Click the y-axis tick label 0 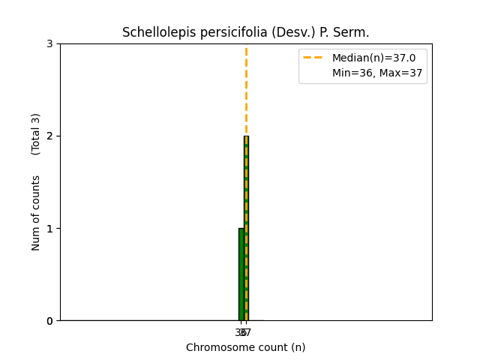(49, 321)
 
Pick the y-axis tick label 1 (49, 229)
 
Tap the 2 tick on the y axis (49, 136)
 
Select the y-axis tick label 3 (49, 43)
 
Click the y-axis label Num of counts (36, 213)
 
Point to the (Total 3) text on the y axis (36, 134)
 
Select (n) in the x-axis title (298, 347)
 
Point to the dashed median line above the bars (246, 90)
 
